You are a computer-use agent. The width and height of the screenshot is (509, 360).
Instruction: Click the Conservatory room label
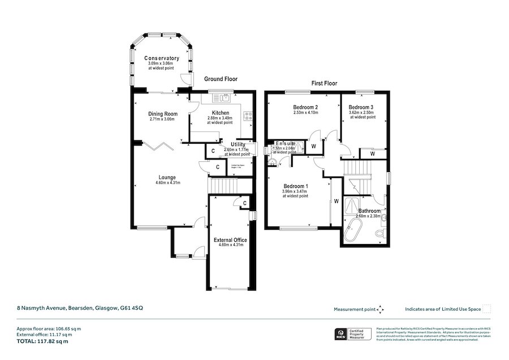pyautogui.click(x=161, y=58)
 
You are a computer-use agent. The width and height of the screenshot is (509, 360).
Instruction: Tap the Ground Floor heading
pyautogui.click(x=221, y=79)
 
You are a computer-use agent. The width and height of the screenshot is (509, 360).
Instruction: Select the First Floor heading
pyautogui.click(x=324, y=83)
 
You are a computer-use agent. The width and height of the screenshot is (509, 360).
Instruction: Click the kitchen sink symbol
pyautogui.click(x=225, y=98)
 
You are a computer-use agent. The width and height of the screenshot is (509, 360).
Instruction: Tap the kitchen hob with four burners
pyautogui.click(x=247, y=117)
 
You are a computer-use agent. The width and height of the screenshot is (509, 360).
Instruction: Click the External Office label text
pyautogui.click(x=231, y=239)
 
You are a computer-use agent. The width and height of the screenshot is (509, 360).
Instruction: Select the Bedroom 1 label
pyautogui.click(x=296, y=186)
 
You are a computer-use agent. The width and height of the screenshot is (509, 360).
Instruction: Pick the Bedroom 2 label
pyautogui.click(x=305, y=107)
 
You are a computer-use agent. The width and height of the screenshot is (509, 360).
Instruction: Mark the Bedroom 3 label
pyautogui.click(x=361, y=107)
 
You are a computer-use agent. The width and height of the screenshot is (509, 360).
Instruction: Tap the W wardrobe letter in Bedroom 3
pyautogui.click(x=372, y=154)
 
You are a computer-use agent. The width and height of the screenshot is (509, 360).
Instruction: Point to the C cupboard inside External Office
pyautogui.click(x=244, y=203)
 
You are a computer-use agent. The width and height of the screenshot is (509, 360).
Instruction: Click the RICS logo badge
pyautogui.click(x=340, y=334)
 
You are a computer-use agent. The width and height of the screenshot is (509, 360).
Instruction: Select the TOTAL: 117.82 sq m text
pyautogui.click(x=42, y=341)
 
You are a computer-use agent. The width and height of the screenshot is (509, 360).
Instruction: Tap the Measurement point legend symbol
pyautogui.click(x=380, y=309)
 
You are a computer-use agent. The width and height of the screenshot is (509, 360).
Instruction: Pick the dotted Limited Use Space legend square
pyautogui.click(x=486, y=308)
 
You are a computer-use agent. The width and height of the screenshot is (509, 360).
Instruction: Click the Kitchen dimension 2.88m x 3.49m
pyautogui.click(x=220, y=118)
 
